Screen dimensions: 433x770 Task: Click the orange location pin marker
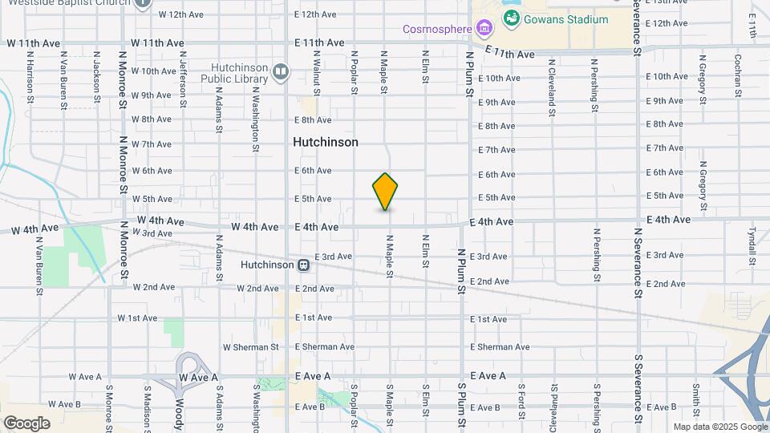coord(385,192)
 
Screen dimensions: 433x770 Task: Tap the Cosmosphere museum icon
coord(483,30)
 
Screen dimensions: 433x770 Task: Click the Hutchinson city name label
coord(325,142)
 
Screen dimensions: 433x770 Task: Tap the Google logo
coord(26,423)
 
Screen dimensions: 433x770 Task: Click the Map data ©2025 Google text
coord(719,427)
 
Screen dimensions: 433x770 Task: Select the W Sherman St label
coord(250,347)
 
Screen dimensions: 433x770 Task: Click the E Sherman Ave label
coord(324,347)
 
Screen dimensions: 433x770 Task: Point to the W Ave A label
coord(85,377)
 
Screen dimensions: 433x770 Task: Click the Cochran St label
coord(738,75)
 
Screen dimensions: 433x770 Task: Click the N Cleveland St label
coord(552,87)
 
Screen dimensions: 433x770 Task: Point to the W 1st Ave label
coord(137,318)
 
